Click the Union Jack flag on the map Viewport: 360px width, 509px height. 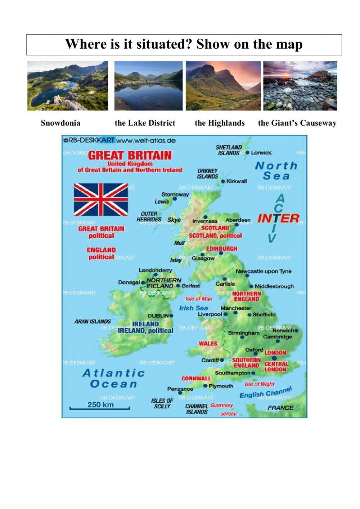point(101,199)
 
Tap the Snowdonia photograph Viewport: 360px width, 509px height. point(68,86)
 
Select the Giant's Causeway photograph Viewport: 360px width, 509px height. point(300,86)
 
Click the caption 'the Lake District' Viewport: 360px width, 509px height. point(145,123)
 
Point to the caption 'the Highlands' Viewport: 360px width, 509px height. point(220,123)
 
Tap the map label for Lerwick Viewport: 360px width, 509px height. point(261,153)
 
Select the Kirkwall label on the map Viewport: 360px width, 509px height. point(237,181)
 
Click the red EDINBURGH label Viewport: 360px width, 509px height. point(222,249)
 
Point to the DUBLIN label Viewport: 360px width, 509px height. point(158,316)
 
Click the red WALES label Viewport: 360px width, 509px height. point(208,343)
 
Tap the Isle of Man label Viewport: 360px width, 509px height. point(199,299)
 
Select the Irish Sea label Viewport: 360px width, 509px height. point(193,308)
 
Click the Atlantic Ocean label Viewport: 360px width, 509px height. point(113,378)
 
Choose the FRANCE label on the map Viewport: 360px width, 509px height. point(280,408)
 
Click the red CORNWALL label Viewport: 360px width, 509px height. point(196,379)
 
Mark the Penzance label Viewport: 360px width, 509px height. point(180,389)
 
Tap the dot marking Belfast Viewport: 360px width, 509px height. point(178,286)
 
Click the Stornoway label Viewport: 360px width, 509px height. point(175,194)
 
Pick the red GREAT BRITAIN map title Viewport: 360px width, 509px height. point(130,156)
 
